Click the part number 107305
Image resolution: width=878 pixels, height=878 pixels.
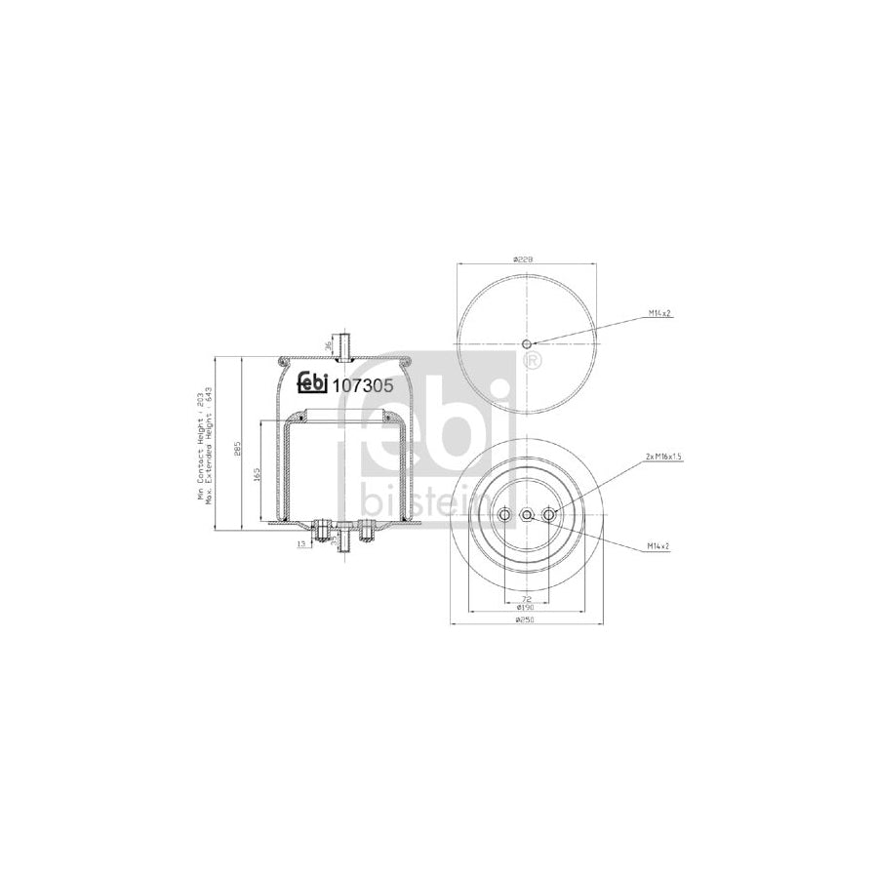click(364, 385)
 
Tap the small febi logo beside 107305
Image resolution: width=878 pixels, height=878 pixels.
click(314, 384)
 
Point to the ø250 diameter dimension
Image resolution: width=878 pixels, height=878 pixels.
click(526, 618)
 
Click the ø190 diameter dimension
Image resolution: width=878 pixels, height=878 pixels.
click(526, 607)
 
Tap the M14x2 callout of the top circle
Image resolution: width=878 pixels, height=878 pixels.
click(660, 313)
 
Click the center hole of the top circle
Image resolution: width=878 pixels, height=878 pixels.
click(527, 343)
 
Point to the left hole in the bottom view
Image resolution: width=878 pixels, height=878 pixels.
click(504, 515)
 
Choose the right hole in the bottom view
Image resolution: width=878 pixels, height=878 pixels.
click(548, 515)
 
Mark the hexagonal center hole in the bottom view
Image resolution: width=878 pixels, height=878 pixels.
click(527, 515)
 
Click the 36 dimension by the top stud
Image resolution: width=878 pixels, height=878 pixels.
click(328, 343)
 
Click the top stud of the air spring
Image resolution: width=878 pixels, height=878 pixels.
click(342, 344)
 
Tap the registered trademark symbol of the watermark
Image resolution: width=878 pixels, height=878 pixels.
click(533, 363)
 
